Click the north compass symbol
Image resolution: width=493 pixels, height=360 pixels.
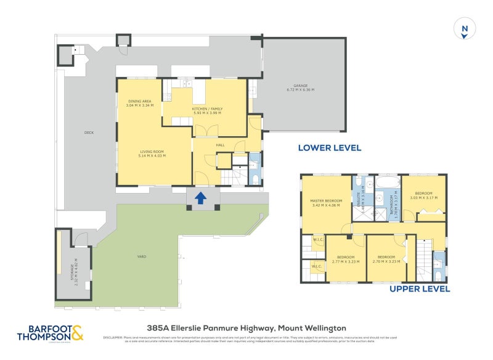click(x=465, y=29)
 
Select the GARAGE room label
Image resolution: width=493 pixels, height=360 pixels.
click(x=300, y=88)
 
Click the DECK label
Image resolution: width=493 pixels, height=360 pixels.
click(x=89, y=133)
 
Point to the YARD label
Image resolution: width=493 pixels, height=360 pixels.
click(x=142, y=256)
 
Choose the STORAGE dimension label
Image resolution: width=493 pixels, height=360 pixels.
click(x=74, y=269)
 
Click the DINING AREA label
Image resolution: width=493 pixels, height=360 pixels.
click(x=140, y=103)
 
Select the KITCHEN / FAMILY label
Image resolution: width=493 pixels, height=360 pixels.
click(x=207, y=110)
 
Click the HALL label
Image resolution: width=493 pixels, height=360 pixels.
click(x=220, y=145)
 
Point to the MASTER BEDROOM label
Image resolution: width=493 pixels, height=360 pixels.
click(x=325, y=203)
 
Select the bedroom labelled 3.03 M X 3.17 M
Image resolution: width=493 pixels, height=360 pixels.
click(x=423, y=195)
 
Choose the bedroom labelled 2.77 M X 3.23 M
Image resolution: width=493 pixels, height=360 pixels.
click(x=345, y=259)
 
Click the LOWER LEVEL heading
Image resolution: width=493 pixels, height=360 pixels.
click(x=329, y=148)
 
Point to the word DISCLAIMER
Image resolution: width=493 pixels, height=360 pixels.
click(x=113, y=337)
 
